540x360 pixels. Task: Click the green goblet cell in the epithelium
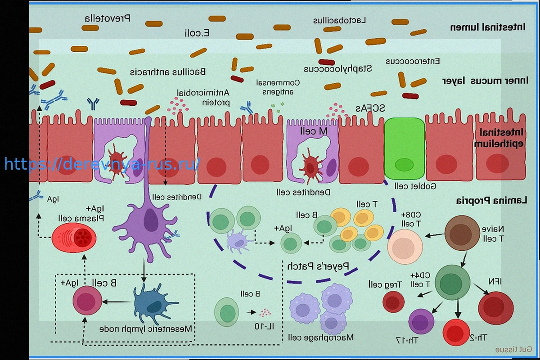[404, 148]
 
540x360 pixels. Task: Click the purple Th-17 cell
[421, 322]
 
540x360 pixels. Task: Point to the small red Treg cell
[393, 301]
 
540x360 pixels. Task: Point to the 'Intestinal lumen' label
[487, 27]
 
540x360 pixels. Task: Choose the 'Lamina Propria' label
[491, 200]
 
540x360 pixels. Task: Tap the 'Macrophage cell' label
[321, 337]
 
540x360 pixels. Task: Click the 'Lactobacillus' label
[340, 20]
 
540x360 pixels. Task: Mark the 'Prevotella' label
[108, 18]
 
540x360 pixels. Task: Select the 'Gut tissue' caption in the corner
[513, 349]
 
